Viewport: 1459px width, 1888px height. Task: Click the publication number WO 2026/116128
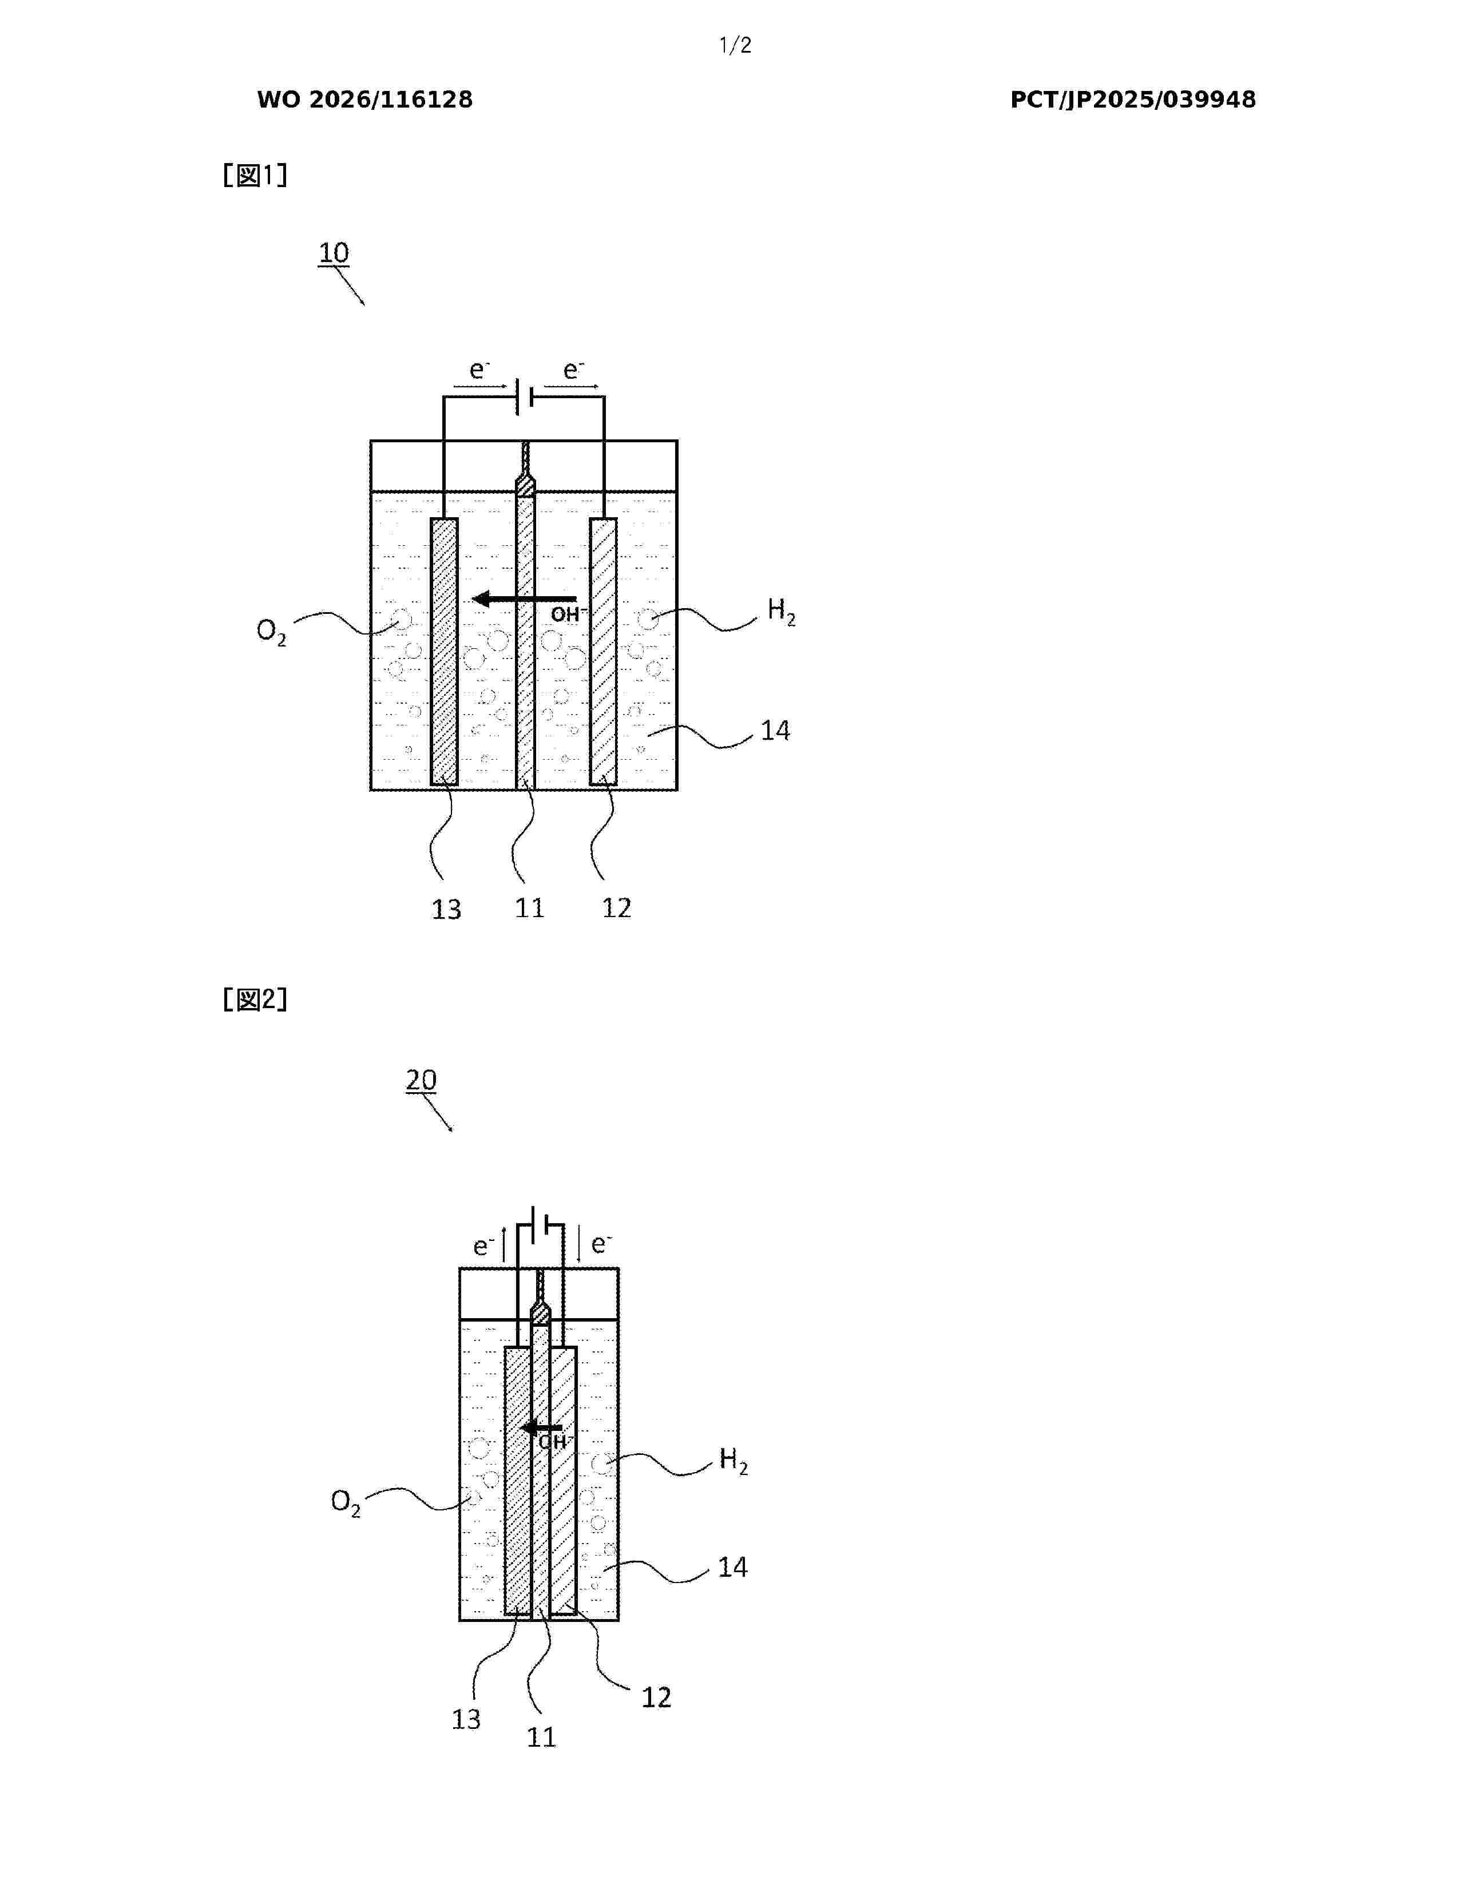pos(365,100)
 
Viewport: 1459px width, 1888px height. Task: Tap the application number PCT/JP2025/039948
pos(1133,100)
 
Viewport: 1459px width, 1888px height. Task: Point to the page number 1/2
pos(736,46)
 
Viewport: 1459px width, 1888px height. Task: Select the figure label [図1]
pos(255,176)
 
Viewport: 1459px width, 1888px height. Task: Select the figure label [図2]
pos(255,999)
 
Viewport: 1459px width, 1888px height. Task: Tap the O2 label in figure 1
pos(271,632)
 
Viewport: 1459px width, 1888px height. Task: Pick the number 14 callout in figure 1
pos(775,731)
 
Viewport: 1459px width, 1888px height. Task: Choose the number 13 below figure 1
pos(447,910)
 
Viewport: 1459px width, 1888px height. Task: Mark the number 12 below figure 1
pos(616,908)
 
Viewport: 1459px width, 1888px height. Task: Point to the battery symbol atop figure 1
pos(523,397)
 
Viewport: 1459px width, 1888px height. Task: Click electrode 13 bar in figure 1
pos(444,652)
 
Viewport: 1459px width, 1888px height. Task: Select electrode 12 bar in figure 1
pos(603,652)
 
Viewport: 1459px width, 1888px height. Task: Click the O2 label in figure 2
pos(346,1502)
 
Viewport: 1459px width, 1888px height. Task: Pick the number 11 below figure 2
pos(542,1737)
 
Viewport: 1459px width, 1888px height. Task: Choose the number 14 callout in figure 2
pos(733,1567)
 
